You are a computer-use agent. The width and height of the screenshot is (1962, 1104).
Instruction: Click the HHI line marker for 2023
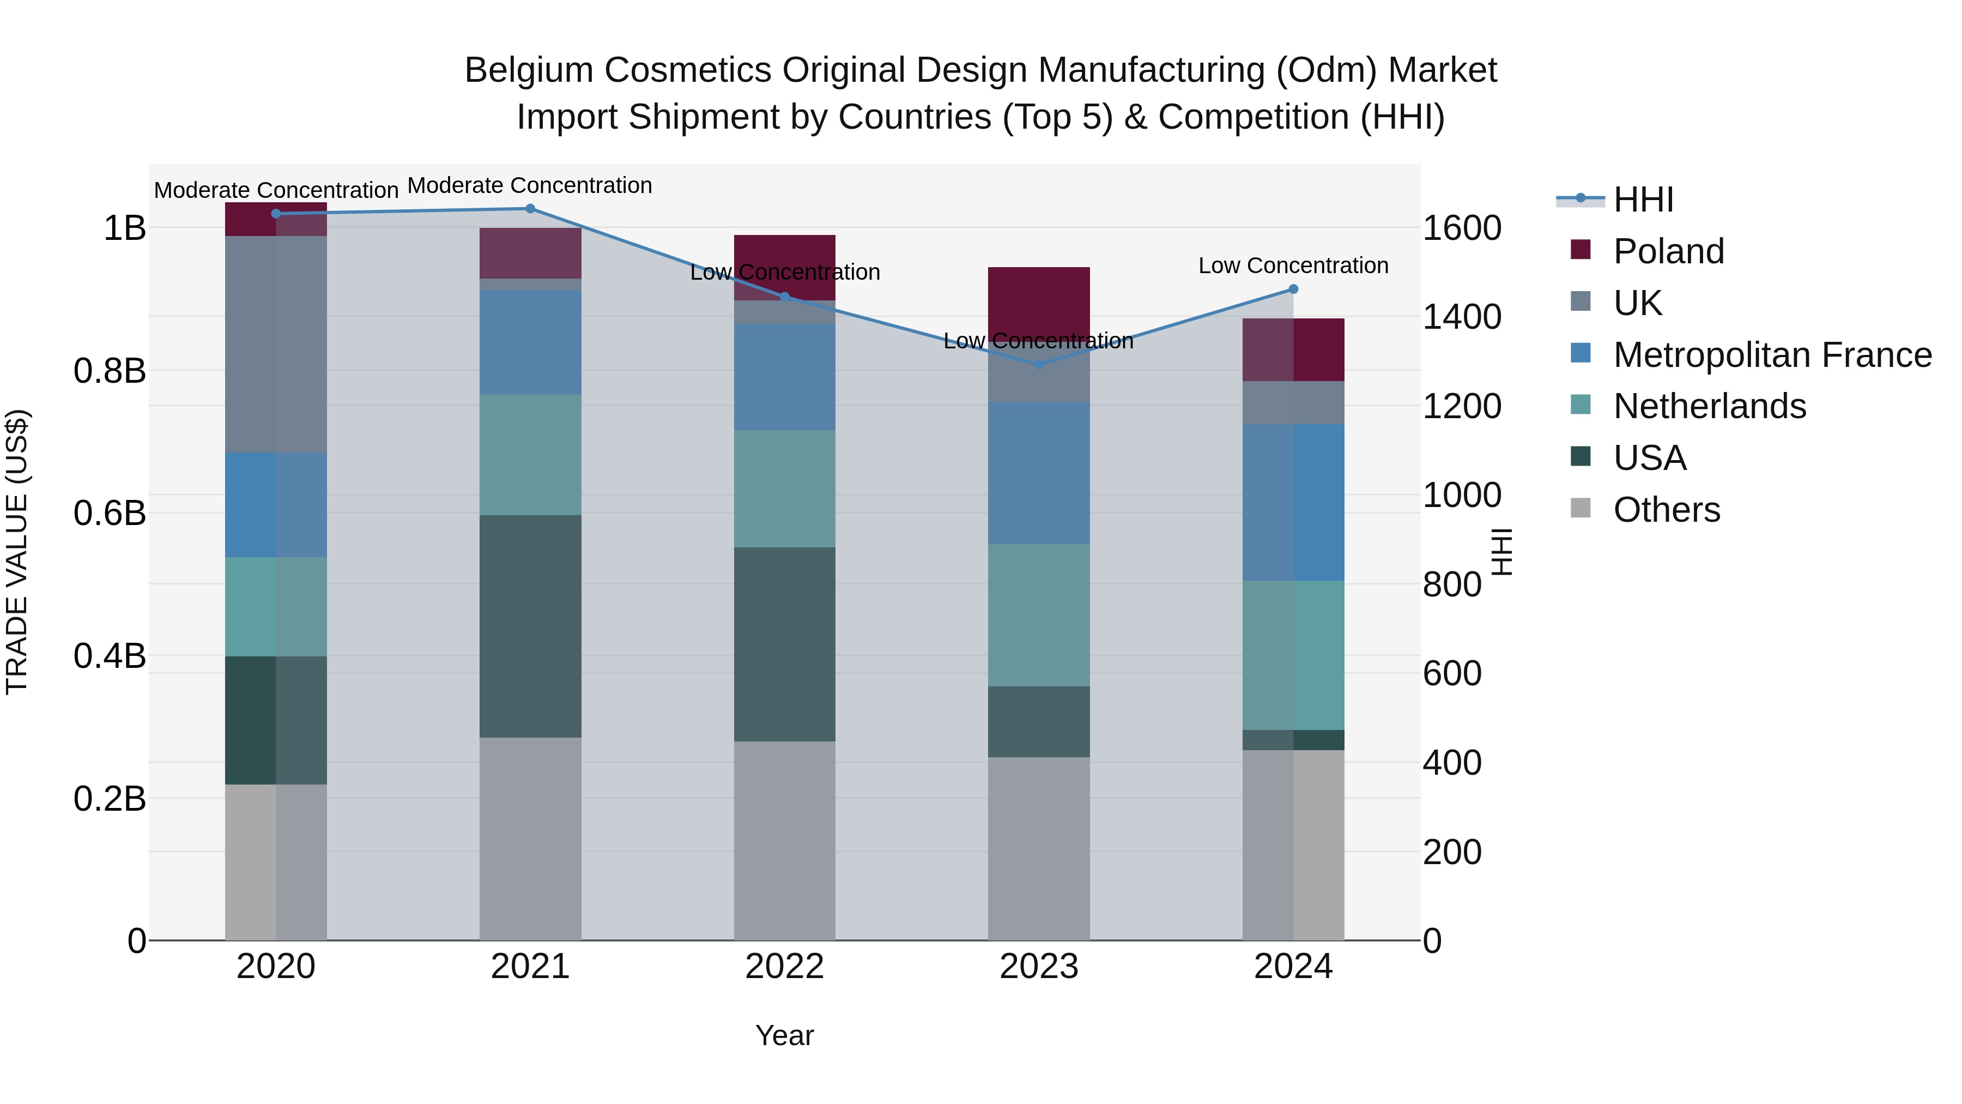1039,364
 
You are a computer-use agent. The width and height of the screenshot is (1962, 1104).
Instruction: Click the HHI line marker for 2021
530,209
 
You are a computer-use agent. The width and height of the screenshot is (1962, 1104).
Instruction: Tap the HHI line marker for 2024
1293,289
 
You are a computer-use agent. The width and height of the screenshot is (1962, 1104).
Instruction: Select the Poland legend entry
1668,251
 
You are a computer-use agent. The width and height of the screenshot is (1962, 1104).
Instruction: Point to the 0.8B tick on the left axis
110,371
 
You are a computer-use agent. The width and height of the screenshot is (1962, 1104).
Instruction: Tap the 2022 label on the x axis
784,967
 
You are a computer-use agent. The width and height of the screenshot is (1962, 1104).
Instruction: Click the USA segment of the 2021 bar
530,626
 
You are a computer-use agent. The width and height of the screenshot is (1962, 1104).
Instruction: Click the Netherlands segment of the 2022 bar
784,488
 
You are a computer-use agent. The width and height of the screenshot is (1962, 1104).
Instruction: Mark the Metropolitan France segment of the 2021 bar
530,342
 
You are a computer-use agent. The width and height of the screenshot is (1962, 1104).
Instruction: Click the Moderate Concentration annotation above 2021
530,185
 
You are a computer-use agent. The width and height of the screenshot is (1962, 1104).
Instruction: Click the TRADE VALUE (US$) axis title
17,552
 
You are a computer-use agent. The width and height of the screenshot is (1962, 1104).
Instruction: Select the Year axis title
784,1035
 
